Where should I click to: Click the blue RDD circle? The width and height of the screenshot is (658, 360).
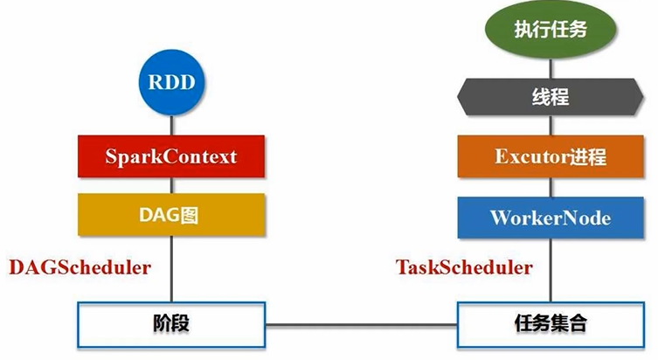click(x=171, y=84)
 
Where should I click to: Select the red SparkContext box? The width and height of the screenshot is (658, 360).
click(x=171, y=157)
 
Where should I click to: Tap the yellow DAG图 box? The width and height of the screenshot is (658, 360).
click(x=171, y=214)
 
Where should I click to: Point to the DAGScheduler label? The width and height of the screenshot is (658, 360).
click(x=80, y=267)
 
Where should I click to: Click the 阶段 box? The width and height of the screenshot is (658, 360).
click(x=171, y=325)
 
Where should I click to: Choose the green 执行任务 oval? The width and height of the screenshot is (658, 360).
click(x=551, y=30)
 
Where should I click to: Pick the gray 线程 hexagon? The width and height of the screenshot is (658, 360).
click(x=551, y=96)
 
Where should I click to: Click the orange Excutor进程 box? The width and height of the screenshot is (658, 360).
click(x=551, y=157)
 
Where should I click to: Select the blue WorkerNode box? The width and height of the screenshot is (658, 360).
click(x=551, y=215)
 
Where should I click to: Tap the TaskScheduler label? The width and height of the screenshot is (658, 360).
click(x=464, y=267)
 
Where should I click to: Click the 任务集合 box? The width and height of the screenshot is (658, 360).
click(x=551, y=325)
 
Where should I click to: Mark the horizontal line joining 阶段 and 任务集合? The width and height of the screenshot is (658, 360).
click(x=363, y=326)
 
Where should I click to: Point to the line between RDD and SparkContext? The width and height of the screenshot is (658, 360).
click(x=171, y=124)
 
